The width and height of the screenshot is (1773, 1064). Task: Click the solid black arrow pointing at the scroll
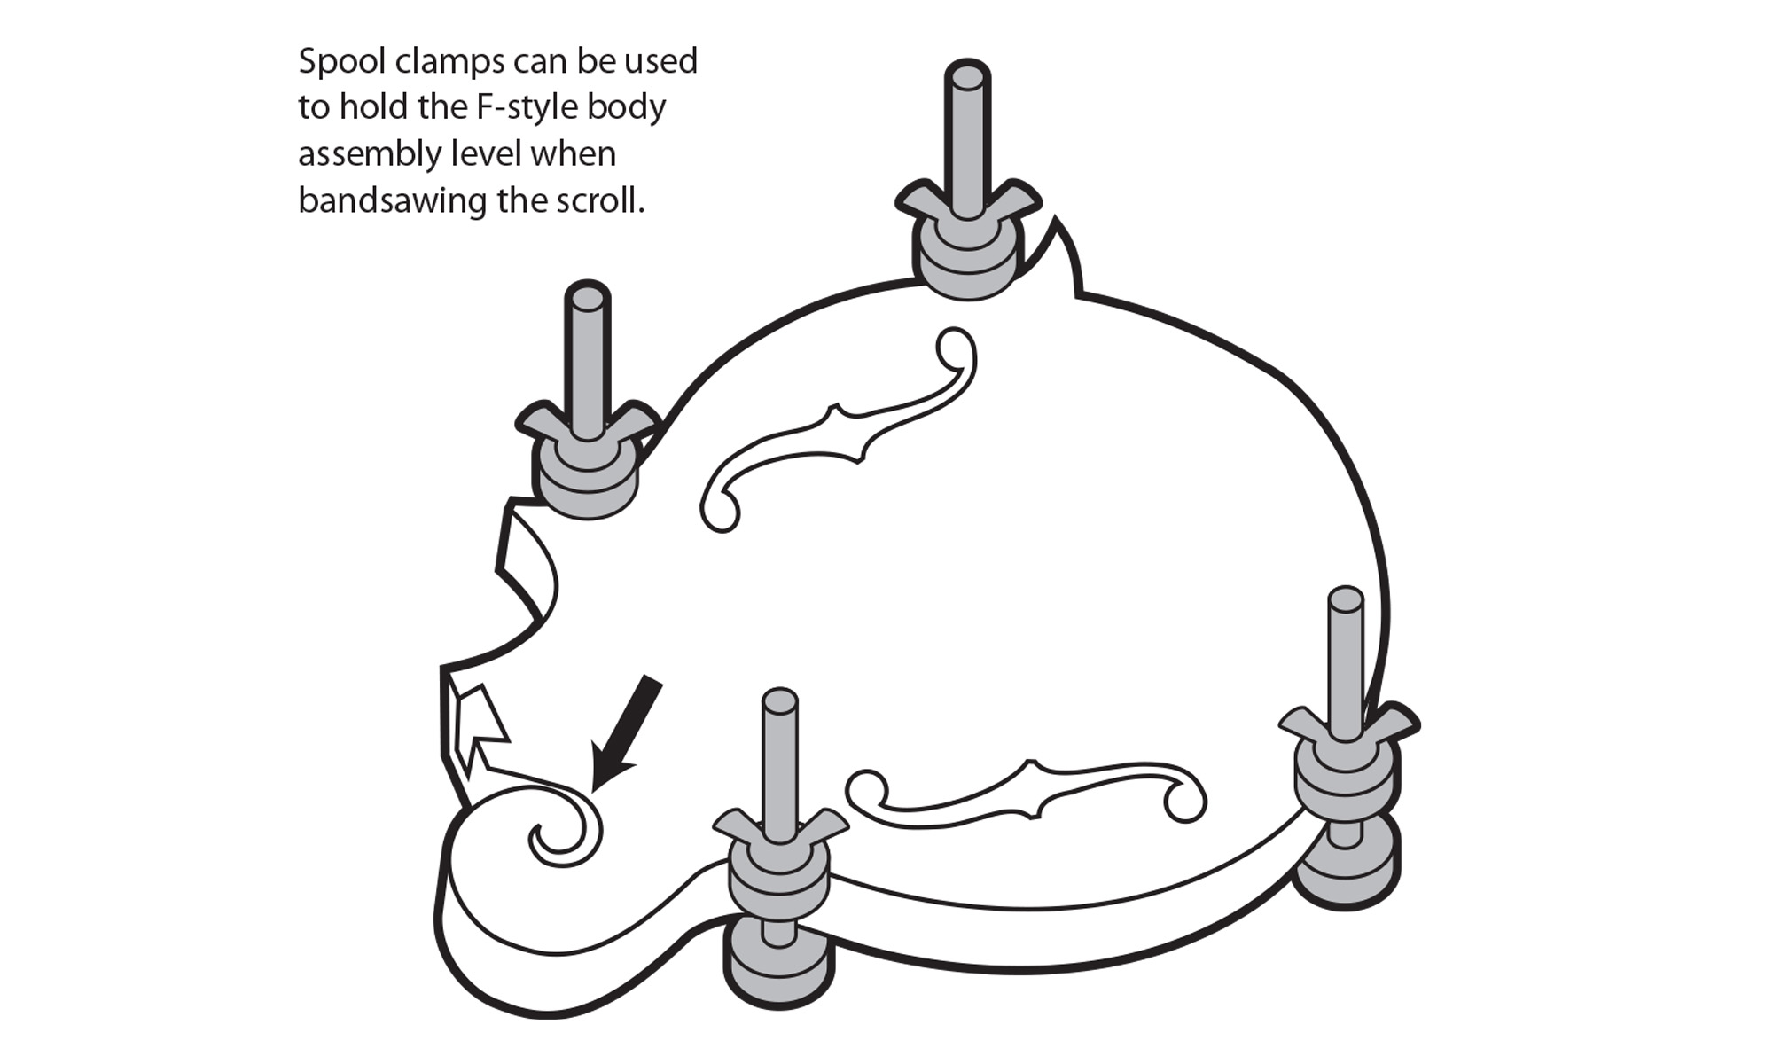pyautogui.click(x=628, y=732)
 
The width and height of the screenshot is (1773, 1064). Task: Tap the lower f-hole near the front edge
pyautogui.click(x=1028, y=793)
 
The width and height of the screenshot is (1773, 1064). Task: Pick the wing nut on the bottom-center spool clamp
pyautogui.click(x=780, y=829)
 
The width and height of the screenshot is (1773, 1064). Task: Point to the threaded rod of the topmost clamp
pyautogui.click(x=966, y=133)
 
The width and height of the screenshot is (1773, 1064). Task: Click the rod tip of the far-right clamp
pyautogui.click(x=1346, y=599)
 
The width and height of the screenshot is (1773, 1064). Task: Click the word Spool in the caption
pyautogui.click(x=341, y=62)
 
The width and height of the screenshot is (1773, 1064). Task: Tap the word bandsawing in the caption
pyautogui.click(x=392, y=201)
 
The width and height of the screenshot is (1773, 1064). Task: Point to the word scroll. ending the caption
pyautogui.click(x=599, y=201)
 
